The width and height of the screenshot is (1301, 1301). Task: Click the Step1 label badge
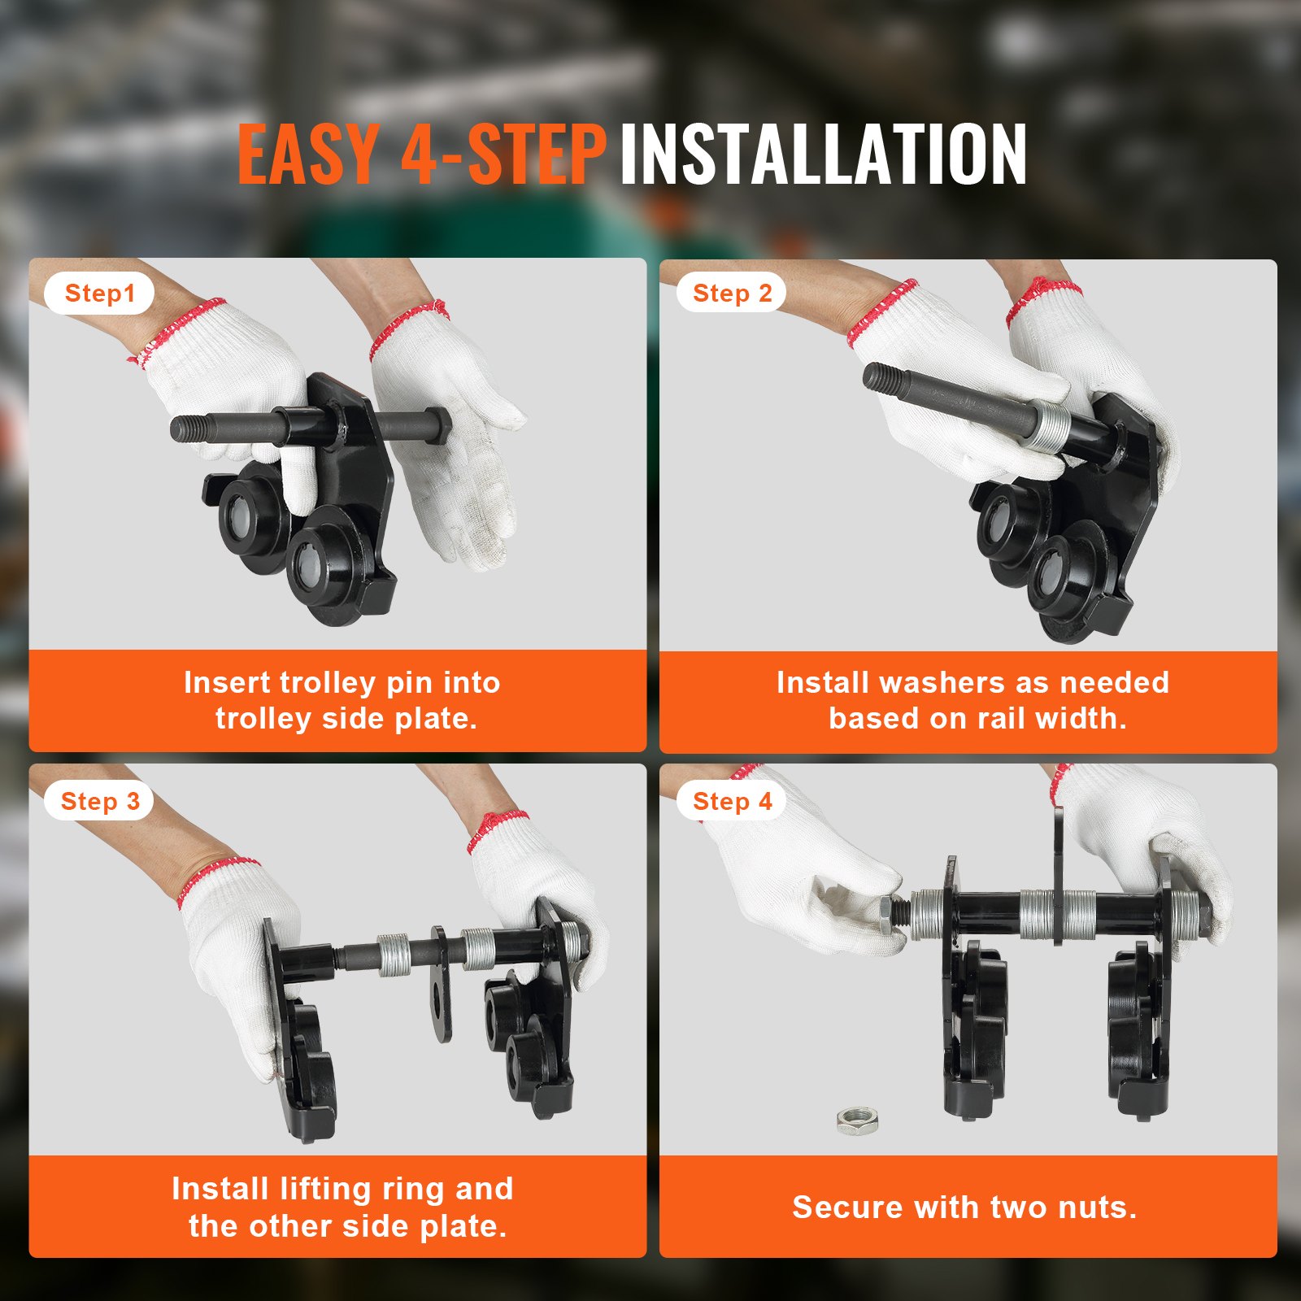pyautogui.click(x=99, y=294)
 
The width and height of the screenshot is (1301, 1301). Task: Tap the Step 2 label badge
pyautogui.click(x=732, y=293)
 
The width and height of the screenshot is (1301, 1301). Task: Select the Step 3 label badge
pyautogui.click(x=100, y=801)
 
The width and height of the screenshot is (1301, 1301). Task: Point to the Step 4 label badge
pyautogui.click(x=732, y=801)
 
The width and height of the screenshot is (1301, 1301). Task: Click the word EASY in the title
pyautogui.click(x=308, y=154)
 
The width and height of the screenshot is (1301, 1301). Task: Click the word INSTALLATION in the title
pyautogui.click(x=823, y=154)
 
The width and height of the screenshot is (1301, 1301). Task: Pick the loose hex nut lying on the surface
pyautogui.click(x=858, y=1121)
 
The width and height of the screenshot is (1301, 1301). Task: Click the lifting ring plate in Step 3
pyautogui.click(x=441, y=983)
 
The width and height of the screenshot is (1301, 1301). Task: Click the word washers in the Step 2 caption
pyautogui.click(x=938, y=682)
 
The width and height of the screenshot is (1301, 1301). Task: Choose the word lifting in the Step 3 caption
pyautogui.click(x=325, y=1190)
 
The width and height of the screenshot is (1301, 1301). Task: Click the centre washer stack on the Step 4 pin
pyautogui.click(x=1037, y=915)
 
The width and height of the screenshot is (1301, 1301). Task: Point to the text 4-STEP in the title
pyautogui.click(x=503, y=154)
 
